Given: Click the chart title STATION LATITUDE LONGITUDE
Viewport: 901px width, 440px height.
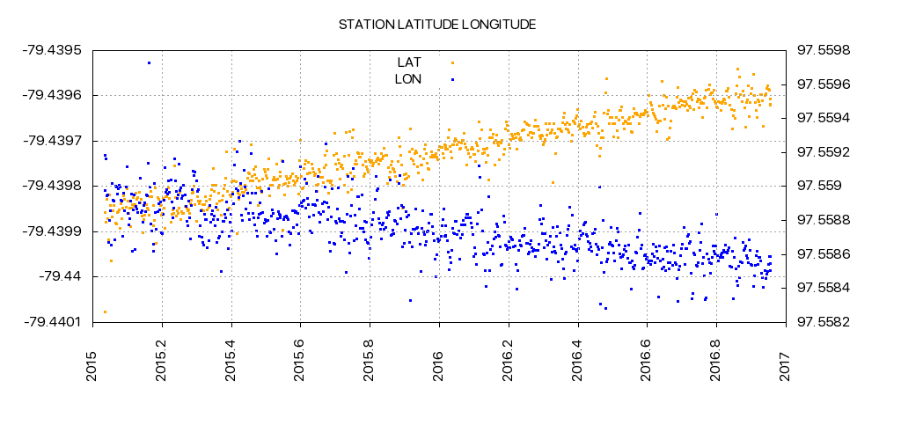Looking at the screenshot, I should coord(437,24).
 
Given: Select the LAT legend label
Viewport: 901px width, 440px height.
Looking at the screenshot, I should coord(409,62).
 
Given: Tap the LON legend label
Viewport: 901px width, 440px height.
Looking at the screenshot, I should coord(408,79).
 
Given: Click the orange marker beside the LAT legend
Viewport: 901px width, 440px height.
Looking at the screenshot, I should coord(452,62).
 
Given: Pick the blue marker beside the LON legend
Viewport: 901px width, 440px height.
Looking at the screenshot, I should coord(452,79).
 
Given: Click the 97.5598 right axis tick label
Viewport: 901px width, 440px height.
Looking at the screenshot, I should coord(824,49).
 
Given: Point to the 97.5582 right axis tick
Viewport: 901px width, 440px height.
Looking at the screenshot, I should coord(824,322).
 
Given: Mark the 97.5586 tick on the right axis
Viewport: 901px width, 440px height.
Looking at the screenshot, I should coord(824,254).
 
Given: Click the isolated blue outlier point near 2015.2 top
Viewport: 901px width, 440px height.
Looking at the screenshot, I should coord(149,62).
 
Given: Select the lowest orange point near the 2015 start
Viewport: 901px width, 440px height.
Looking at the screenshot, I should coord(105,312).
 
